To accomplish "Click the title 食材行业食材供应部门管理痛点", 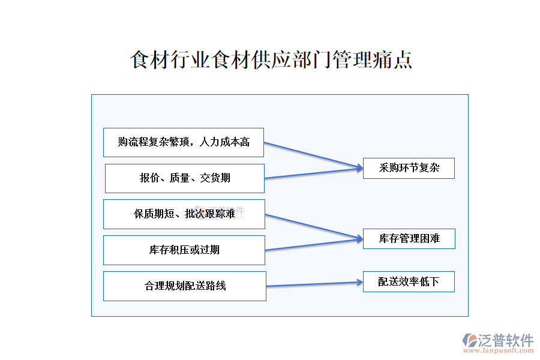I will click(x=271, y=60).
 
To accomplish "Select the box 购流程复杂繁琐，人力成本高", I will click(x=184, y=142).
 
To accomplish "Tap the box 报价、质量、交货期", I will click(x=185, y=178).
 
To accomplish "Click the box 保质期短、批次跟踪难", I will click(x=184, y=214).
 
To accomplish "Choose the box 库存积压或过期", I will click(x=184, y=250).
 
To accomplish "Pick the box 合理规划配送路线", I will click(x=185, y=286).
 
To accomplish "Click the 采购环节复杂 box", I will click(x=409, y=169).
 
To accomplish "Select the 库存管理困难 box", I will click(x=409, y=239).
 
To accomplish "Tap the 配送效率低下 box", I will click(x=409, y=282).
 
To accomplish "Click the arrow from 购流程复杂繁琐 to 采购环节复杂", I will click(x=312, y=155).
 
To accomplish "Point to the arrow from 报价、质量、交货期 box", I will click(x=312, y=173).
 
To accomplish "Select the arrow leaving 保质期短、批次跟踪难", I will click(x=312, y=226).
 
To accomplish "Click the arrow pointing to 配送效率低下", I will click(x=312, y=284).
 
